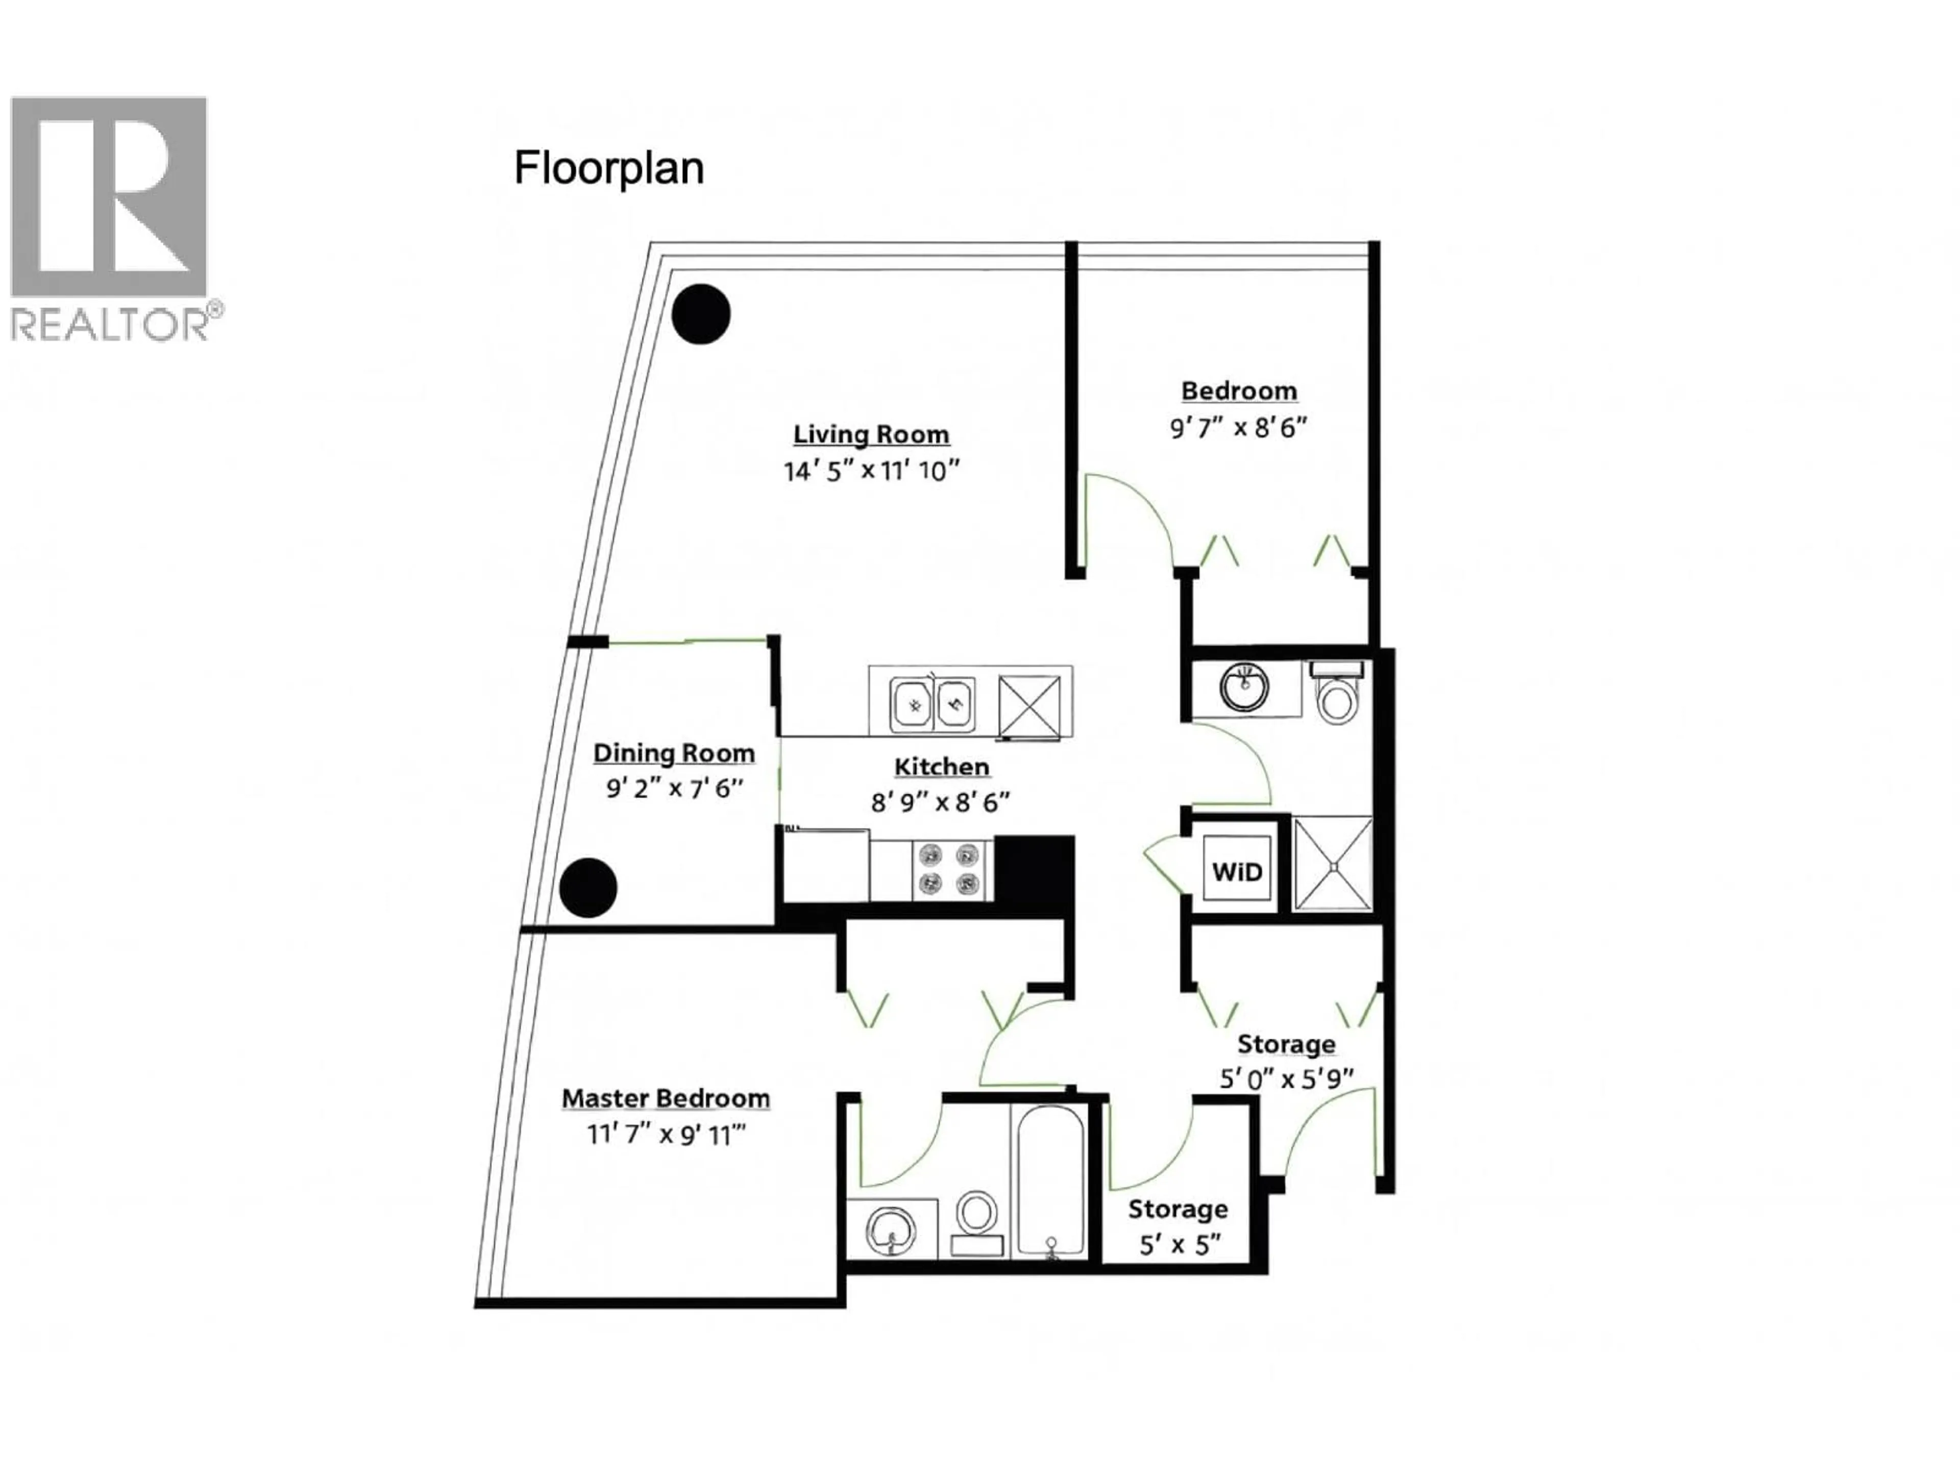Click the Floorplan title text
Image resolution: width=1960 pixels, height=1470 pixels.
click(609, 168)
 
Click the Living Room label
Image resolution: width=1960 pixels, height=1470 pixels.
click(870, 434)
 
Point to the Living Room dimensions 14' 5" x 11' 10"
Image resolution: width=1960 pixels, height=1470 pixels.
click(871, 471)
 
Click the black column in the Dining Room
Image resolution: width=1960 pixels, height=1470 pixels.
click(589, 887)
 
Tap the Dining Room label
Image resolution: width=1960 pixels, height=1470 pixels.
click(673, 753)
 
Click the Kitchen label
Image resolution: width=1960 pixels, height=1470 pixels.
click(941, 767)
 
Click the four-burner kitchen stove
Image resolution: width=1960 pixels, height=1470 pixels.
click(949, 869)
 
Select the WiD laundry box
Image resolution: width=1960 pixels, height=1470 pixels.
click(1236, 872)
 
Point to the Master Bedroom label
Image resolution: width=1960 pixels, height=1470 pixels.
click(666, 1099)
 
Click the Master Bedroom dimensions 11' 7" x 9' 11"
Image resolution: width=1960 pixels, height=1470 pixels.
click(666, 1135)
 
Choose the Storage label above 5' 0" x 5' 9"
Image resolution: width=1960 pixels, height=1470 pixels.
click(1286, 1044)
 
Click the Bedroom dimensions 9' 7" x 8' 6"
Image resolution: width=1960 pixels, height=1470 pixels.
click(1238, 428)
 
